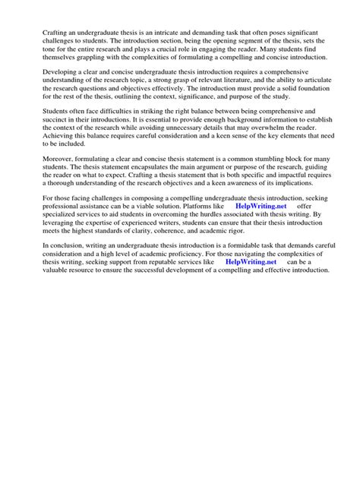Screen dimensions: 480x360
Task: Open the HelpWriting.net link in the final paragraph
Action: click(x=251, y=262)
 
